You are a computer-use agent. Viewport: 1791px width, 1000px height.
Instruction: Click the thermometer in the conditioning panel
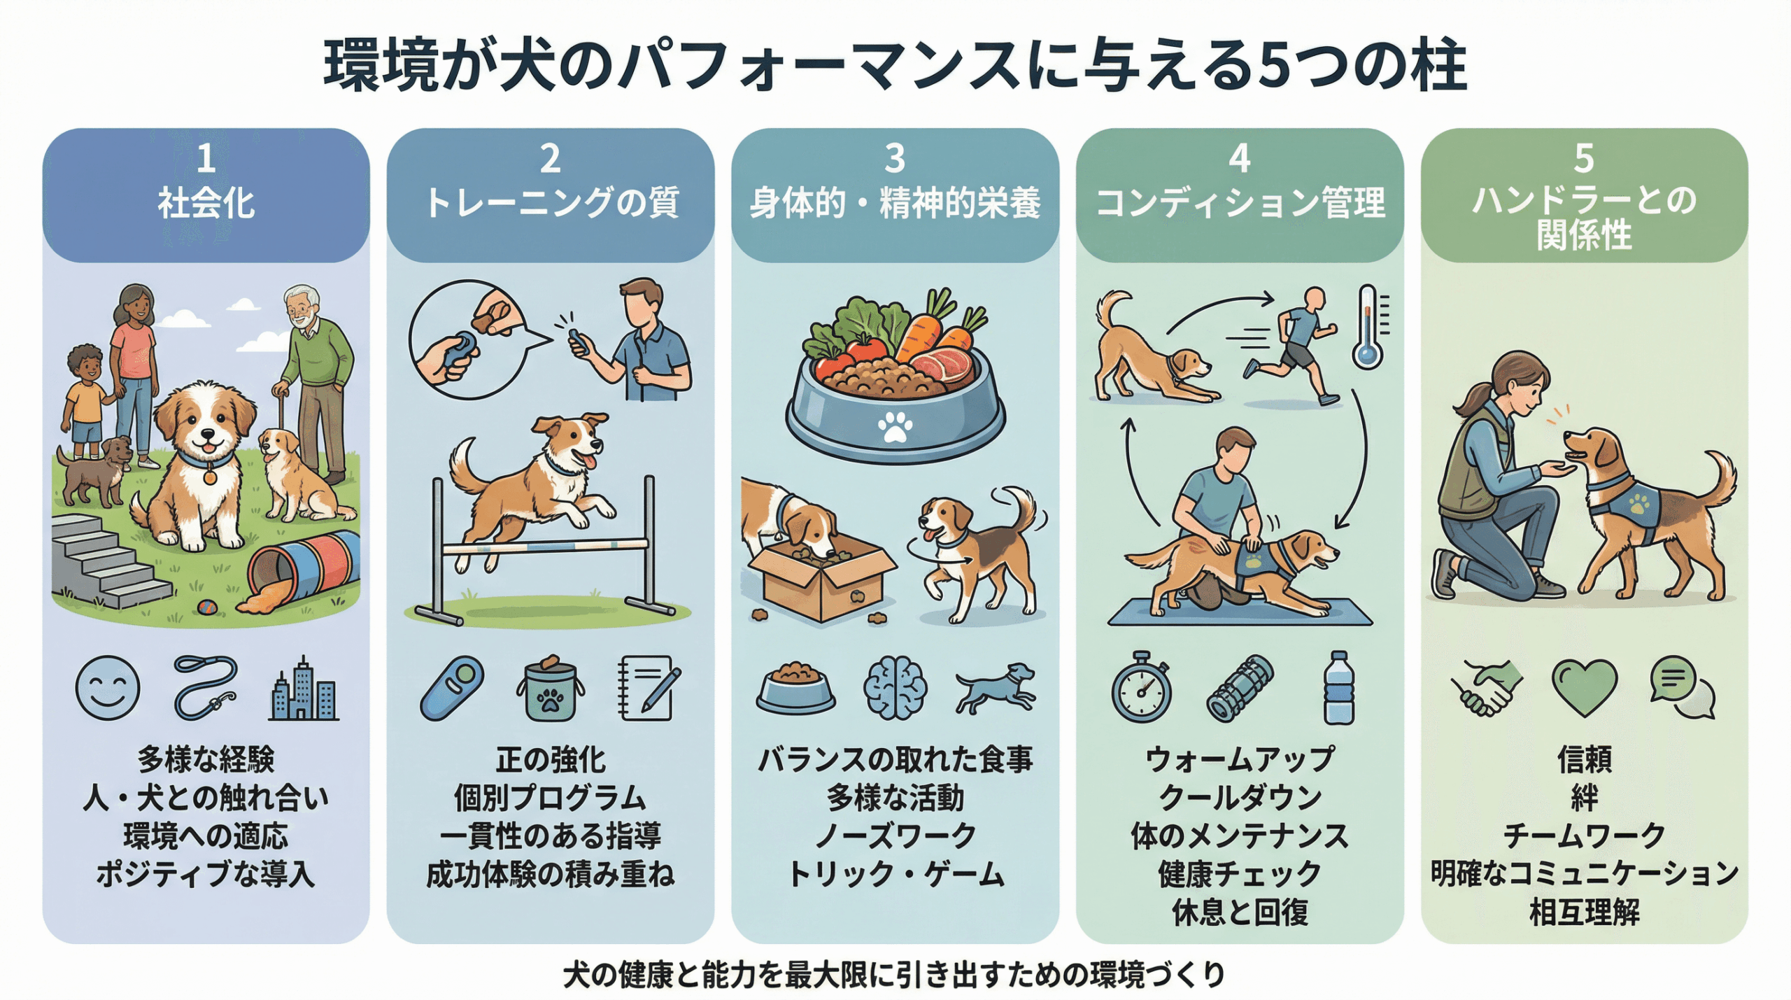(1368, 327)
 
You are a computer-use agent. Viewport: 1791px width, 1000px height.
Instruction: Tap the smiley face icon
(108, 689)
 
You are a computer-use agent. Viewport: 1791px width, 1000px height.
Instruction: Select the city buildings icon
(304, 689)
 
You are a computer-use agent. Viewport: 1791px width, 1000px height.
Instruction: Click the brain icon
(895, 689)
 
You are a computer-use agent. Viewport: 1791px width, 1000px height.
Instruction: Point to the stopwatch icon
(1142, 688)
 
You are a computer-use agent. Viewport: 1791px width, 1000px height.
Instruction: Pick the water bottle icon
(1339, 688)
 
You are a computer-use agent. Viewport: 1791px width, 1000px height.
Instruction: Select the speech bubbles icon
(1683, 687)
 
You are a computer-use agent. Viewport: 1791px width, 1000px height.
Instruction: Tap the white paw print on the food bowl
(895, 426)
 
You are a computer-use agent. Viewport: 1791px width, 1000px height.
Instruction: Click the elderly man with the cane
(312, 382)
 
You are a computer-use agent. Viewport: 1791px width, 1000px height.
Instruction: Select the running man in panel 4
(1291, 346)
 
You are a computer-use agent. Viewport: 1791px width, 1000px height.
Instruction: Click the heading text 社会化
(206, 204)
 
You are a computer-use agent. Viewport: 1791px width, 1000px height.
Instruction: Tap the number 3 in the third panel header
(895, 159)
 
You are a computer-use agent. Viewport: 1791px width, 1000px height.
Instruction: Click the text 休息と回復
(1240, 913)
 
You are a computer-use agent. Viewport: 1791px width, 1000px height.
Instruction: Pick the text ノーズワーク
(895, 836)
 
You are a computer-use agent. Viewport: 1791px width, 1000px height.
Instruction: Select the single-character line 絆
(1585, 798)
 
